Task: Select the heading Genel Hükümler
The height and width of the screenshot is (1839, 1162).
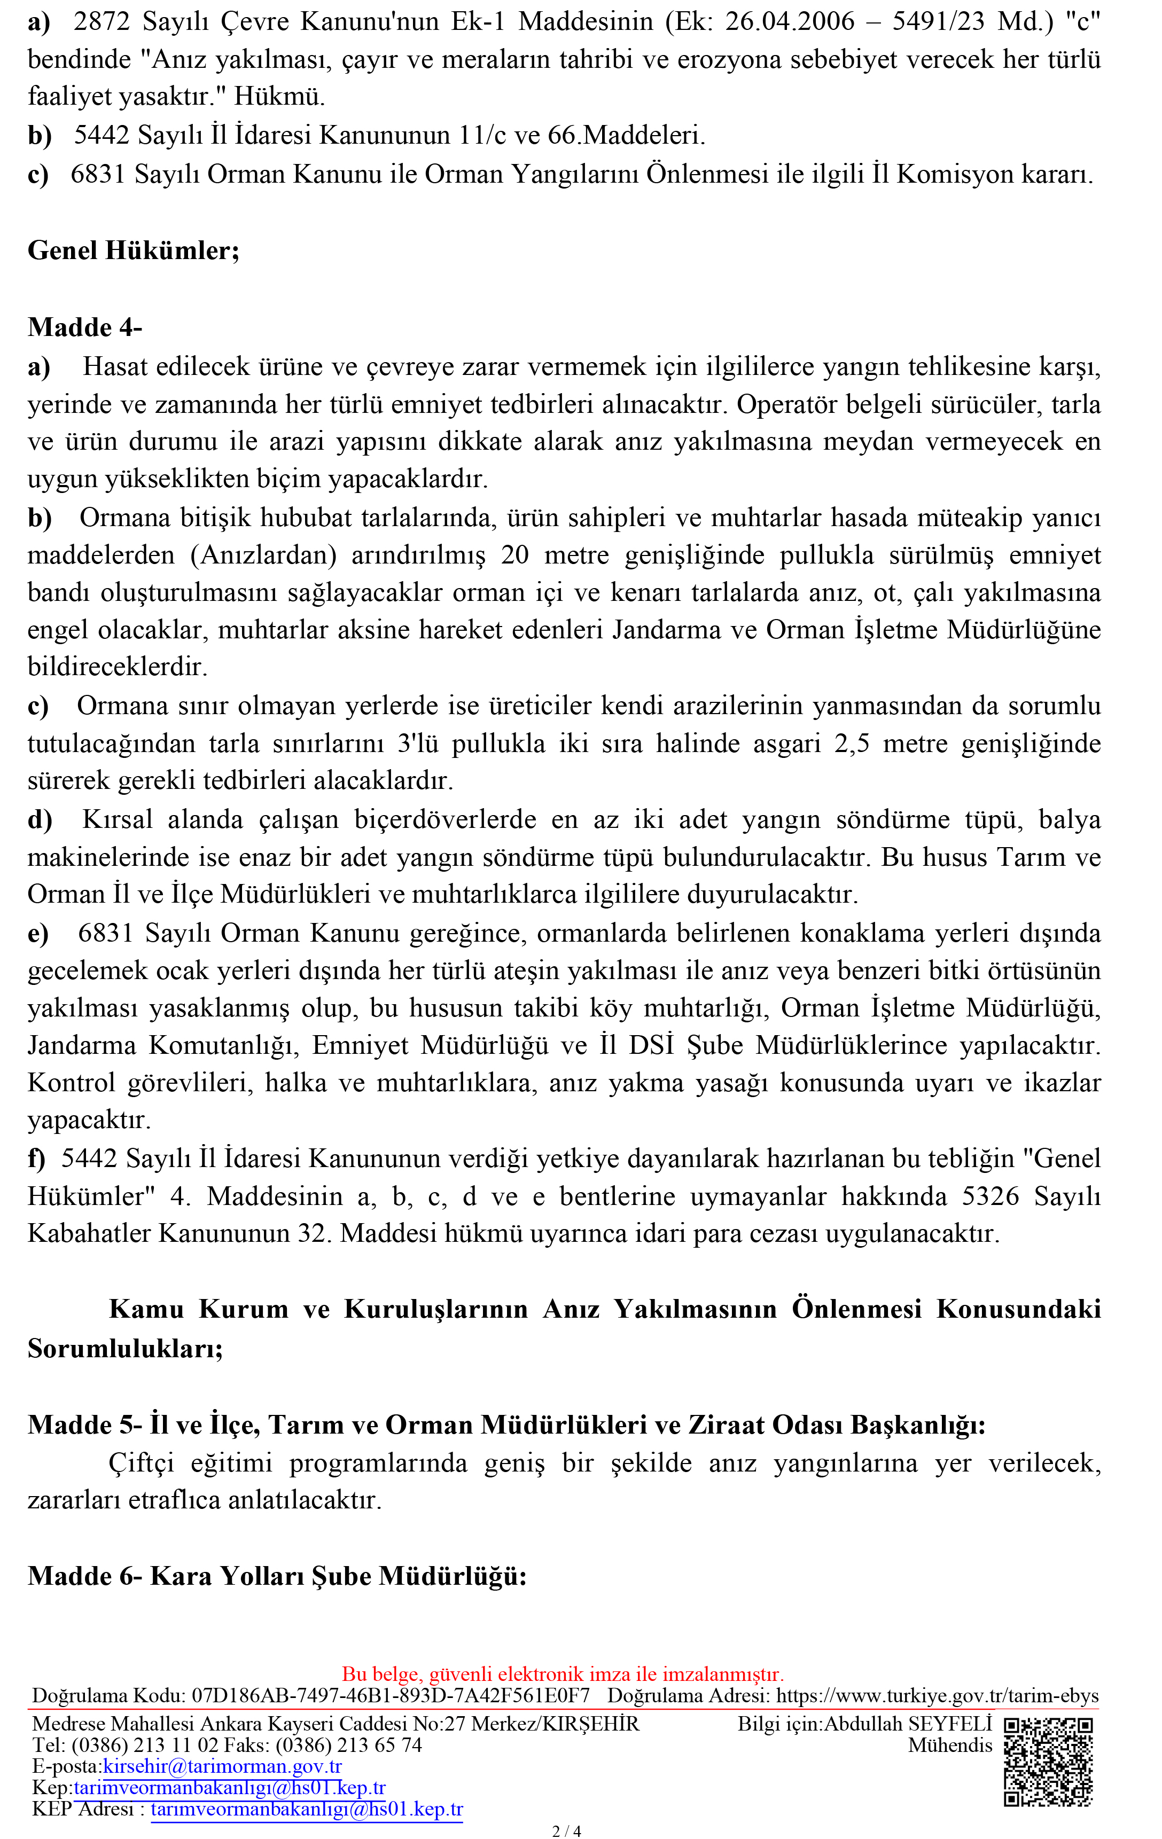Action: tap(133, 251)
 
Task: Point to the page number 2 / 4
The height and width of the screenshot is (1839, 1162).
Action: tap(566, 1830)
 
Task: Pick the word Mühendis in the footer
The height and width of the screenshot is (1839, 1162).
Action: tap(949, 1744)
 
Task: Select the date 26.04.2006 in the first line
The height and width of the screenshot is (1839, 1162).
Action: tap(789, 21)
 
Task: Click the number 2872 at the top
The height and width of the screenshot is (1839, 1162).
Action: tap(102, 21)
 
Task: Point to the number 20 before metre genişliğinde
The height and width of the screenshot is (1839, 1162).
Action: tap(515, 555)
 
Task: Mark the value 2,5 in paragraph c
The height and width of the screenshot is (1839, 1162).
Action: tap(852, 743)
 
